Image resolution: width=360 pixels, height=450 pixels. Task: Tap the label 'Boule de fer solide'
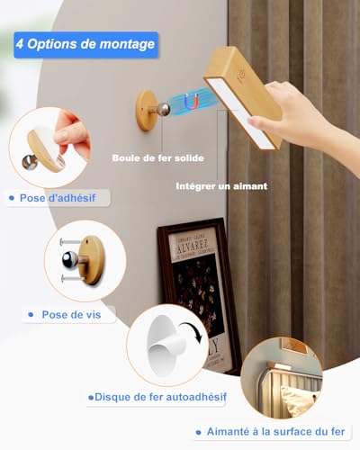pyautogui.click(x=158, y=158)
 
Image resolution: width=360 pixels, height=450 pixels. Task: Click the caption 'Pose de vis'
pyautogui.click(x=71, y=315)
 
